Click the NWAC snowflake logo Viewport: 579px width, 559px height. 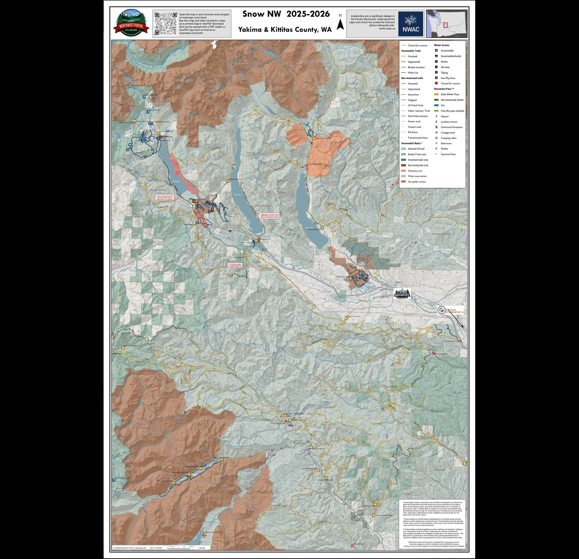[x=410, y=24]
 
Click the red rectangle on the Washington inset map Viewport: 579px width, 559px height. [x=445, y=25]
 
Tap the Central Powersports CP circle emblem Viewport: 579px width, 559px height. [x=441, y=310]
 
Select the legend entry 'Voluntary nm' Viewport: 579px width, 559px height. [x=415, y=171]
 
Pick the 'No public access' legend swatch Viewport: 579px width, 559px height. [x=403, y=181]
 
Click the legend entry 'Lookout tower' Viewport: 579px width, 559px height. [x=449, y=121]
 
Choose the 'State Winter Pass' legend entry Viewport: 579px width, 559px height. [x=450, y=94]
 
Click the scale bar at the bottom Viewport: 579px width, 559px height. [x=180, y=547]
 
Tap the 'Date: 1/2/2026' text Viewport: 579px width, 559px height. [x=156, y=548]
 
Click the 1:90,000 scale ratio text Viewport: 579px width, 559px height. [x=202, y=548]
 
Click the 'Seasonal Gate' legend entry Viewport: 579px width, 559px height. [x=448, y=154]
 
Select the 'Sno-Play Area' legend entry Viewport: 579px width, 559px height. [x=448, y=78]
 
